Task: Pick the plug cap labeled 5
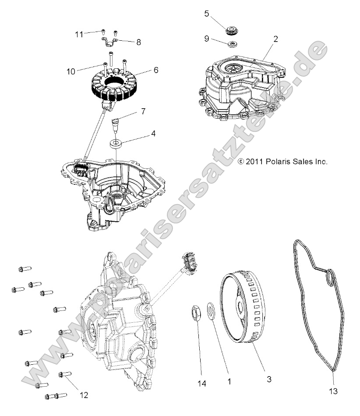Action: tap(232, 30)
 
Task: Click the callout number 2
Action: tap(275, 39)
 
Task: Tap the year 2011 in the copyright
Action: tap(254, 162)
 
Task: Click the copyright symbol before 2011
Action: tap(240, 162)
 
